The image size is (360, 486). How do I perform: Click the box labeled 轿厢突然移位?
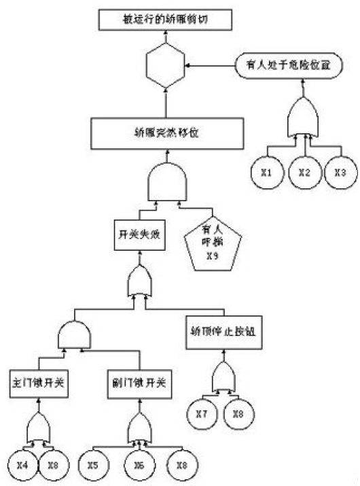click(166, 133)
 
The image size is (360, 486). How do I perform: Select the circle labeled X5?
click(94, 466)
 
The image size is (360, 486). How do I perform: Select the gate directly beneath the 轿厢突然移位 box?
click(166, 183)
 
